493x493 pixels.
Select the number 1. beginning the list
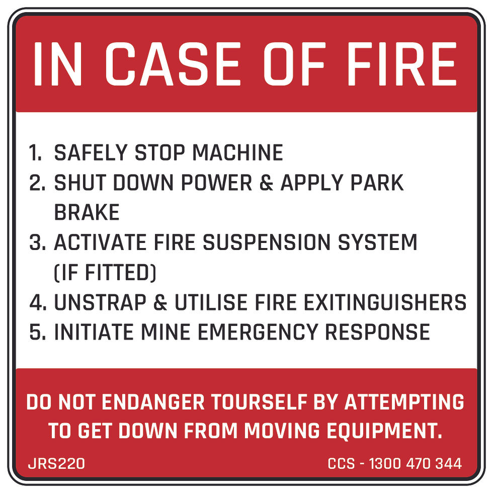(36, 153)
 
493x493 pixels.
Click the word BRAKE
(87, 213)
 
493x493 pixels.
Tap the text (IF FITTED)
(105, 273)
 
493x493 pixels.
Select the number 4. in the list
(38, 303)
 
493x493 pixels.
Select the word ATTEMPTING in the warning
(404, 402)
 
